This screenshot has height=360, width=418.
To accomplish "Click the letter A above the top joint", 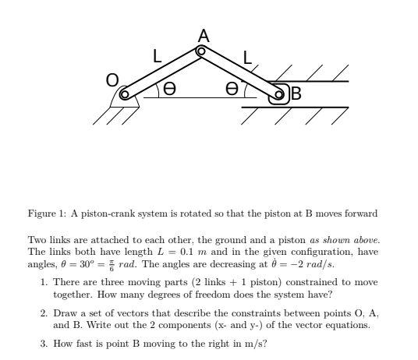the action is (x=204, y=35).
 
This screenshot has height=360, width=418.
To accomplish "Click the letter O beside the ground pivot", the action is (x=113, y=80).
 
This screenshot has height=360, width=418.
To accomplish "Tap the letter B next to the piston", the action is (x=296, y=95).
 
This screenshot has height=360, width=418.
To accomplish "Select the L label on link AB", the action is (x=248, y=58).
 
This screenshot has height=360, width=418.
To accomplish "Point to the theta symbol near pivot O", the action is (x=169, y=90).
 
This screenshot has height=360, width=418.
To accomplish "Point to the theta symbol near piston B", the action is (x=232, y=90).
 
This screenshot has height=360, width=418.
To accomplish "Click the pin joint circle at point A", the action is (x=201, y=51).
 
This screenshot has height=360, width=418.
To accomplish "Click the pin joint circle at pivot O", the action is (x=126, y=96).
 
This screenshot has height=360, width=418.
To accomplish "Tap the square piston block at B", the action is (x=277, y=95).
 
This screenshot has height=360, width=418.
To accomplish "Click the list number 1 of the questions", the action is (x=44, y=282).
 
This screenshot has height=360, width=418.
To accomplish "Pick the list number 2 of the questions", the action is (x=44, y=312).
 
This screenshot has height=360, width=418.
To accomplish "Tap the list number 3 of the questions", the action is (x=44, y=343).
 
